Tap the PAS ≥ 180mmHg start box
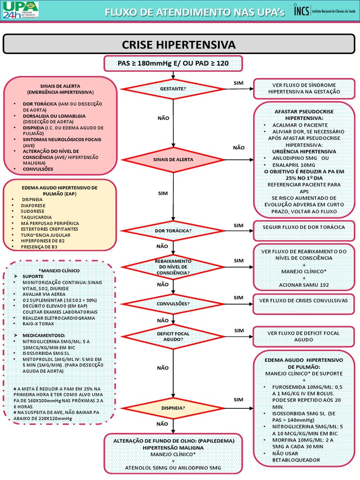pos(173,63)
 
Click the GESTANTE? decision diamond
pos(173,88)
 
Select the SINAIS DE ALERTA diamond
pos(173,159)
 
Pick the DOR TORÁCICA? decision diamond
pos(173,231)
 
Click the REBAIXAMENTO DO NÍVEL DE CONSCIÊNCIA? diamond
pos(173,266)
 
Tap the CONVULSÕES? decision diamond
pos(173,303)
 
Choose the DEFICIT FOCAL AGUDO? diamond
pos(173,336)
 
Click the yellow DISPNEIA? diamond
pos(173,407)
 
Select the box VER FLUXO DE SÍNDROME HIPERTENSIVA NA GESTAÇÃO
pos(304,89)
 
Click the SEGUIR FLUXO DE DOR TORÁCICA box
pos(304,227)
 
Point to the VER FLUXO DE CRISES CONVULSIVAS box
pos(304,300)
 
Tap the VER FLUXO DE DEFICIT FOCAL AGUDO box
pos(304,336)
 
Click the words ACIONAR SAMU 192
pos(304,285)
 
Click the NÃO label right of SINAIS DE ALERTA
pos(239,148)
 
